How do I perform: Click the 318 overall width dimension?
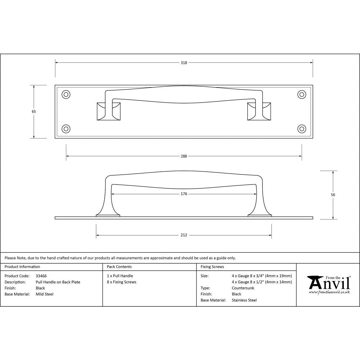184,63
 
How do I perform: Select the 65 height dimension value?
34,112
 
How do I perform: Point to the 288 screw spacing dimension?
184,156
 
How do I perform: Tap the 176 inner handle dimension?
184,194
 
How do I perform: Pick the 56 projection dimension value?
333,195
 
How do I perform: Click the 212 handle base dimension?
184,235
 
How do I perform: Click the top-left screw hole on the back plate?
66,94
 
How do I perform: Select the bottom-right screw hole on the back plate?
301,129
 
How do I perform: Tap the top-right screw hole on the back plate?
301,94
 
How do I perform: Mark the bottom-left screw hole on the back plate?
66,129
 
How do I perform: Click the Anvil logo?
329,284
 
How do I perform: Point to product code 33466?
41,276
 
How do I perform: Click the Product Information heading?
22,267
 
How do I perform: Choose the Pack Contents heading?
119,267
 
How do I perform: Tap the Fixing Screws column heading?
212,267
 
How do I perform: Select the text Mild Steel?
45,294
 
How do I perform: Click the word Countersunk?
243,288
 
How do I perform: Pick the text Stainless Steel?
244,300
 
